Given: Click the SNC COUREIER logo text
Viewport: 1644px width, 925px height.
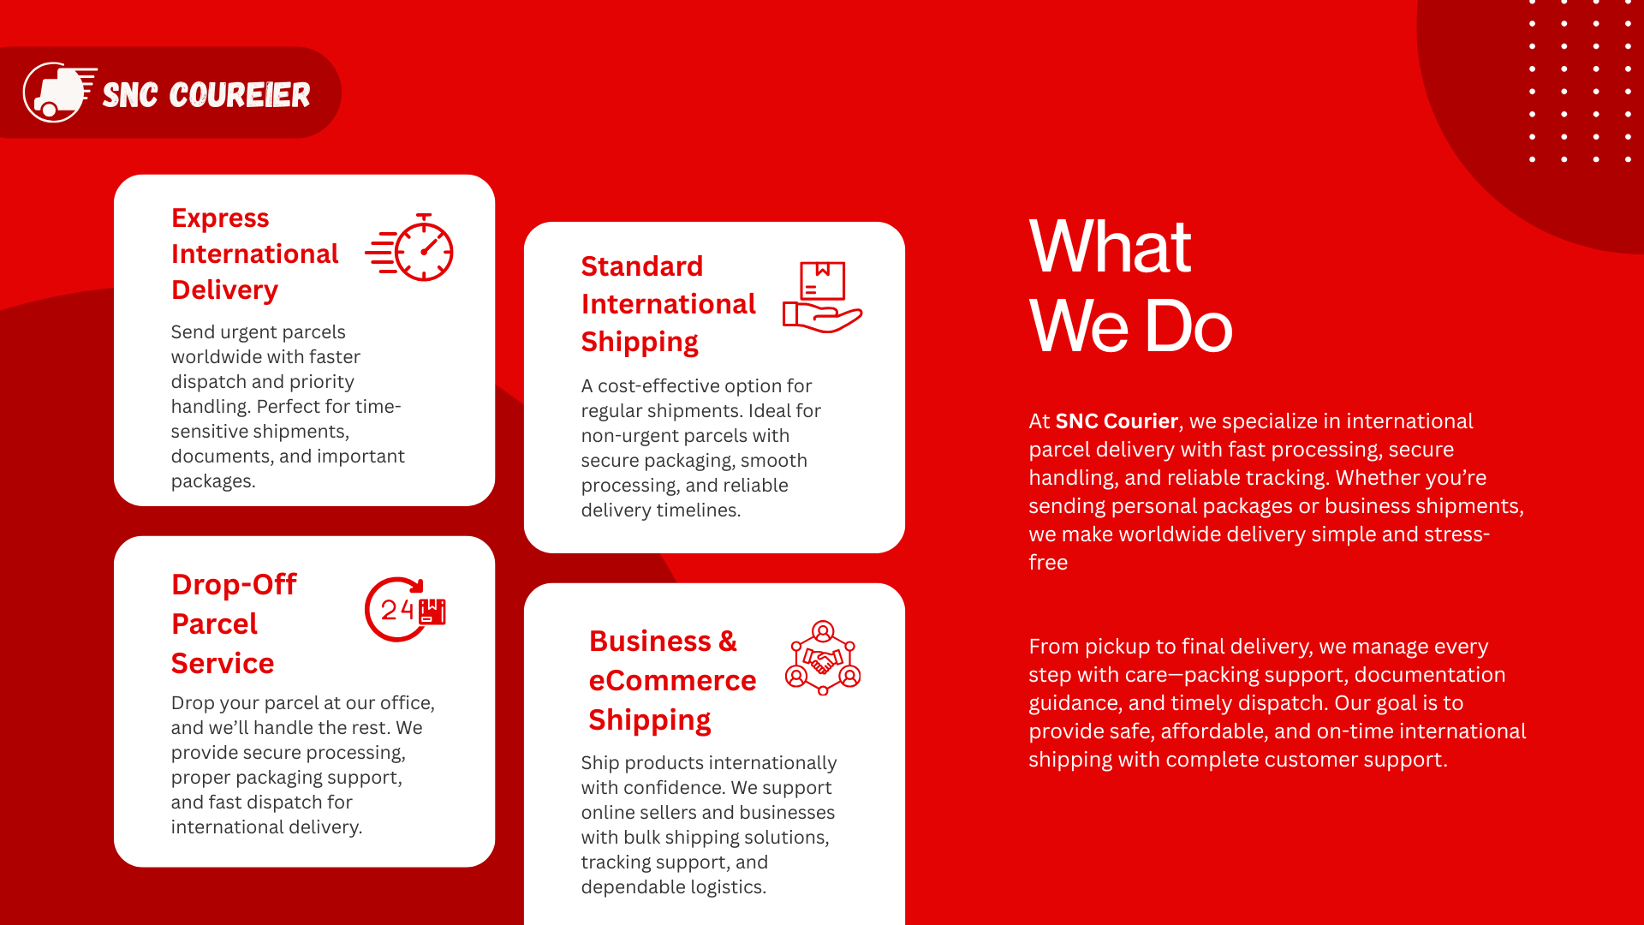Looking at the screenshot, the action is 206,95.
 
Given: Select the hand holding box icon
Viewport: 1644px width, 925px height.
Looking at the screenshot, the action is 822,297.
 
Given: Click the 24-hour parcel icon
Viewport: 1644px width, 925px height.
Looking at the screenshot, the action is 405,610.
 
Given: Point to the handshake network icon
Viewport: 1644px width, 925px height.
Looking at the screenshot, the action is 823,658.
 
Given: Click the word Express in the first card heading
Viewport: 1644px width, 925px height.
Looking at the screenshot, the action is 220,218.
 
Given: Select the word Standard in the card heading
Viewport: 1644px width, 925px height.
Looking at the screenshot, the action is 642,266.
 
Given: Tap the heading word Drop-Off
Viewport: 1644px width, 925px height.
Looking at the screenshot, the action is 234,584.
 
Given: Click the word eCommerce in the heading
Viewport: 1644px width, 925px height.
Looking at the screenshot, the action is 672,681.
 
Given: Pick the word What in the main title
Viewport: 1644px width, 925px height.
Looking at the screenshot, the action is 1110,247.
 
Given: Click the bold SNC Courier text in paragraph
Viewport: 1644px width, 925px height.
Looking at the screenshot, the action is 1117,421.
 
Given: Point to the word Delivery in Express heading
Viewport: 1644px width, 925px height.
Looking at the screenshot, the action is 224,290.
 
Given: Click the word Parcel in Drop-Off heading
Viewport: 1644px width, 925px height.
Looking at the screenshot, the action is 214,624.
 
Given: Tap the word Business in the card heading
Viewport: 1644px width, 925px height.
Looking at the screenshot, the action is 650,642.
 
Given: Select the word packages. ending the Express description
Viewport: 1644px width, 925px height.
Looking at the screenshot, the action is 213,481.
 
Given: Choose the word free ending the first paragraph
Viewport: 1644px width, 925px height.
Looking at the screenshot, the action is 1048,563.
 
